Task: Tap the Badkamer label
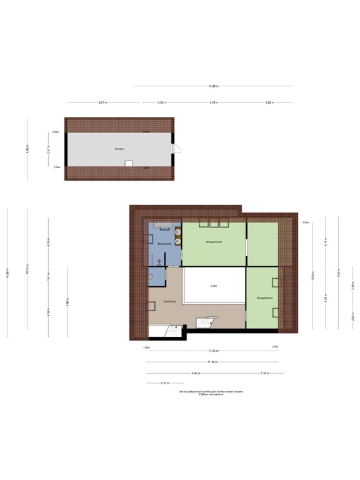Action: click(164, 243)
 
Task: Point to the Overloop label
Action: click(169, 301)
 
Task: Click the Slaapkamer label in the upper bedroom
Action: click(214, 241)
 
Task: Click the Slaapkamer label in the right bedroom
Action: click(265, 298)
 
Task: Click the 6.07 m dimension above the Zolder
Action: click(102, 102)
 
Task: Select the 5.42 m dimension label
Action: click(213, 102)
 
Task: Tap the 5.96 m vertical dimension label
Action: click(67, 302)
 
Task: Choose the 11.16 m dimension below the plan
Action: click(212, 362)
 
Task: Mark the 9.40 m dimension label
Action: click(196, 373)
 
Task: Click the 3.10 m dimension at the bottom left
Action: click(164, 383)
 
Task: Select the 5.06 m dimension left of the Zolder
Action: click(27, 149)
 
